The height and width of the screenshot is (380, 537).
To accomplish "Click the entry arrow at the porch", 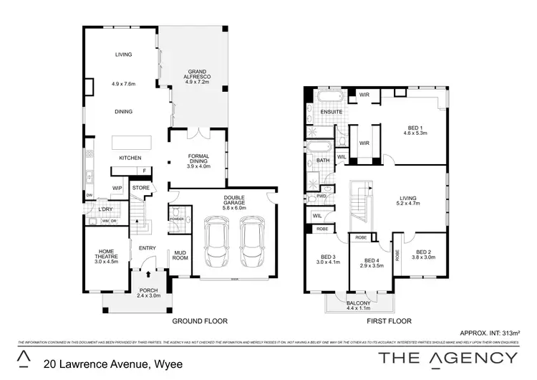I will (x=147, y=273).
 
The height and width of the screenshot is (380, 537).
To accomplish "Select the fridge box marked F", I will (x=145, y=171).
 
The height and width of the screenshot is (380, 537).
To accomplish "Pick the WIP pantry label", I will (x=117, y=189).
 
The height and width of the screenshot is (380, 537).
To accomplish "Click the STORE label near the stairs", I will (x=140, y=188).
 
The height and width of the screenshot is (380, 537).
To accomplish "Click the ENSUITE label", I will (x=332, y=113).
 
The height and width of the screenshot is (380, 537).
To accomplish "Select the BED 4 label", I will (x=371, y=263).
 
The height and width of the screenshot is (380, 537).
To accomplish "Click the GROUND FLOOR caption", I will (x=199, y=322).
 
